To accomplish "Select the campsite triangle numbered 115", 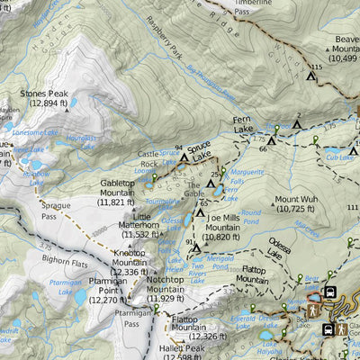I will pyautogui.click(x=311, y=76).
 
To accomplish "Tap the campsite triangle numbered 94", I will pyautogui.click(x=184, y=157).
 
